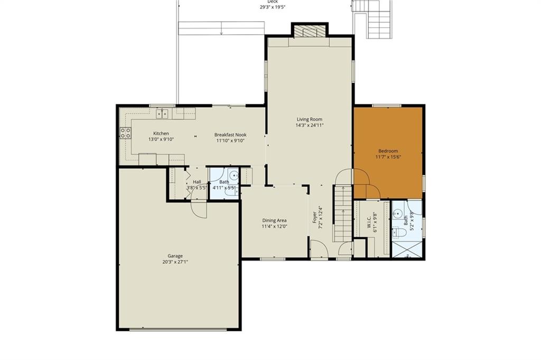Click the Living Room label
click(x=309, y=119)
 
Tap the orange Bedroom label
click(x=388, y=151)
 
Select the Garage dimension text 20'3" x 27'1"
click(x=175, y=262)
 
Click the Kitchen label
click(x=161, y=134)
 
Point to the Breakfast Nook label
click(x=230, y=135)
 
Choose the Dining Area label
click(x=274, y=220)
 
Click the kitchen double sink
click(x=162, y=113)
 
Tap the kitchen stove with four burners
click(x=125, y=133)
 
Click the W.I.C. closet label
click(x=369, y=222)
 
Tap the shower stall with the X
click(x=407, y=249)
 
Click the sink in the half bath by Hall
click(x=234, y=176)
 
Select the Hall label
click(x=197, y=182)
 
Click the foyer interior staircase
click(x=343, y=214)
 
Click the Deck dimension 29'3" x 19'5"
click(x=273, y=7)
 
